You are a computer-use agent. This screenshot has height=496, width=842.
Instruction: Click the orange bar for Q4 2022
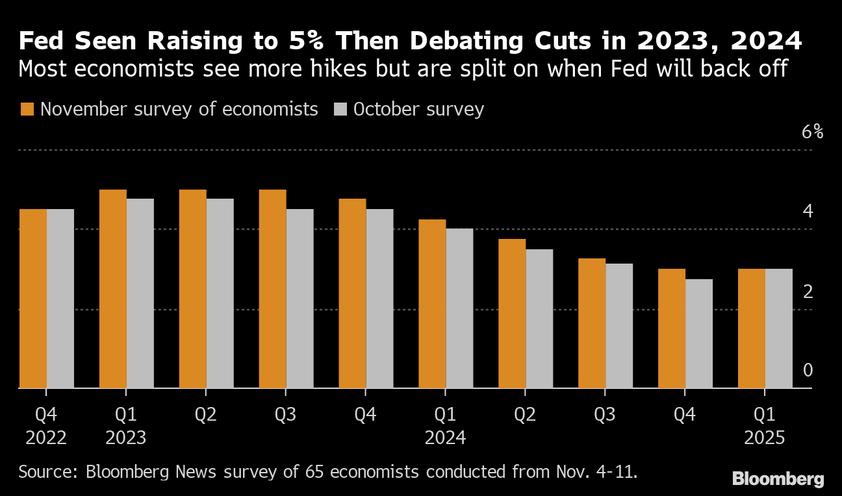tap(33, 299)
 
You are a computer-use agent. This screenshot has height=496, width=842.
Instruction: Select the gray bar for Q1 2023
tap(140, 293)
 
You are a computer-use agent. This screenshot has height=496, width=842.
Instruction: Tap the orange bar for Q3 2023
tap(272, 289)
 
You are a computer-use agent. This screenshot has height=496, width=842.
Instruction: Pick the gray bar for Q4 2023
tap(380, 299)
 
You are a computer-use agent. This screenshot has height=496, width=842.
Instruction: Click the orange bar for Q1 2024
tap(432, 304)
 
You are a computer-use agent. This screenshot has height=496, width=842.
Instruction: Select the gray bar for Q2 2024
tap(539, 319)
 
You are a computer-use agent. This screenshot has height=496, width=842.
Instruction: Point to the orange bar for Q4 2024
tap(672, 329)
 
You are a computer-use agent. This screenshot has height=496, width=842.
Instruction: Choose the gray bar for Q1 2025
tap(779, 329)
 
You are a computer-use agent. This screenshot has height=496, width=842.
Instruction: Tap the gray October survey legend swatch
tap(340, 109)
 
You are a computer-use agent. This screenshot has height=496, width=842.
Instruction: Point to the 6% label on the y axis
tap(812, 132)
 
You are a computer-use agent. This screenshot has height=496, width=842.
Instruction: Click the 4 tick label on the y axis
tap(808, 211)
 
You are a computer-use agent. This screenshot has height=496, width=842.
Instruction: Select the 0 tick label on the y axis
tap(808, 371)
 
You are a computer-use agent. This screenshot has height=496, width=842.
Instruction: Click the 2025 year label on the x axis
tap(765, 438)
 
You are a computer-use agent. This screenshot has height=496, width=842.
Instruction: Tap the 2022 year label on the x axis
tap(46, 438)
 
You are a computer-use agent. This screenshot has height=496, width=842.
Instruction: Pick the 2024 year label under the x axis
tap(445, 438)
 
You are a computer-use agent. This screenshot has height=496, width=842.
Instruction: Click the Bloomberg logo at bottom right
tap(778, 480)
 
